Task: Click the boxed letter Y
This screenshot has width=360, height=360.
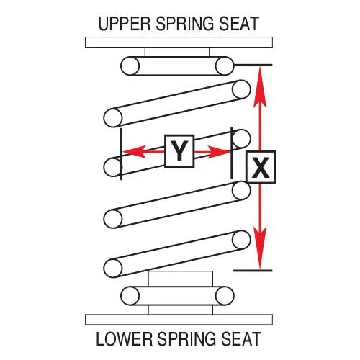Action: tap(179, 151)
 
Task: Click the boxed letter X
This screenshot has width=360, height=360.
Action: tap(261, 167)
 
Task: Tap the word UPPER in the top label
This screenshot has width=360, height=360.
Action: tap(125, 24)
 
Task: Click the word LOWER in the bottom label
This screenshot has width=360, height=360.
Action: tap(125, 338)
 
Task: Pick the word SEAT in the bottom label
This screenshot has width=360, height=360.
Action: tap(241, 338)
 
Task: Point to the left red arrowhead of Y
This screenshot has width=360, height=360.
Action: tap(135, 152)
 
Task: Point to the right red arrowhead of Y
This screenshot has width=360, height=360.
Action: tap(219, 152)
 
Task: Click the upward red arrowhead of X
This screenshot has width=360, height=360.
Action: tap(260, 87)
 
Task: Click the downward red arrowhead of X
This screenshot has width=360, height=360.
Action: tap(260, 248)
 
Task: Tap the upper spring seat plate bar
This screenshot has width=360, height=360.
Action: tap(179, 42)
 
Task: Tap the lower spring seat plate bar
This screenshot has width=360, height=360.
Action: tap(179, 320)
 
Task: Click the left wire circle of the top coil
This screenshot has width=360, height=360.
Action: tap(130, 66)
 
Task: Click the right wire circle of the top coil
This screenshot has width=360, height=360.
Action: tap(225, 66)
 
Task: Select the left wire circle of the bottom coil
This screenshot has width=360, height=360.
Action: tap(130, 296)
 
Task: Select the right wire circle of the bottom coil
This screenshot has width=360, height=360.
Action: tap(225, 296)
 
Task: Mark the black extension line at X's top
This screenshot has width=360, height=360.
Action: tap(253, 65)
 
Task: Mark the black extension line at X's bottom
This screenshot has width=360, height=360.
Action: tap(253, 271)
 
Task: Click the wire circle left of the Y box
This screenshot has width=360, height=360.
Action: tap(113, 167)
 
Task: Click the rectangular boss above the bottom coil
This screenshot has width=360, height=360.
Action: tap(181, 279)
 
